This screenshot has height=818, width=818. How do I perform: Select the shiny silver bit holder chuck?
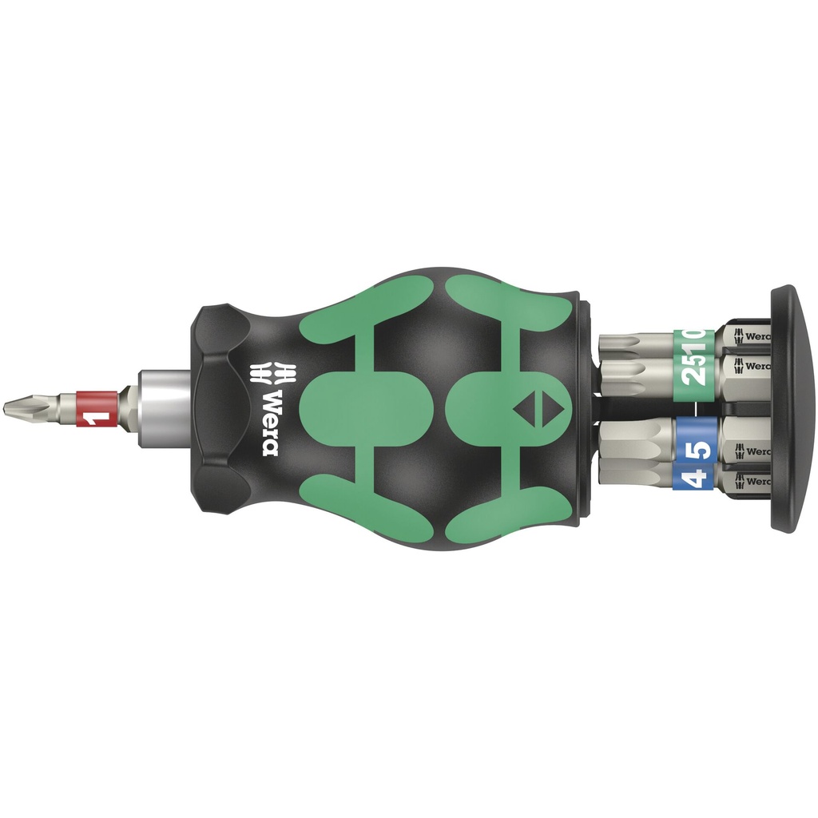point(163,408)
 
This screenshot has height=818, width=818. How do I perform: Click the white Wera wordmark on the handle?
point(269,422)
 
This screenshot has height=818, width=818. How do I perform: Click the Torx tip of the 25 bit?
point(631,375)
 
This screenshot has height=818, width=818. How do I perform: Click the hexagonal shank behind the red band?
point(127,408)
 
